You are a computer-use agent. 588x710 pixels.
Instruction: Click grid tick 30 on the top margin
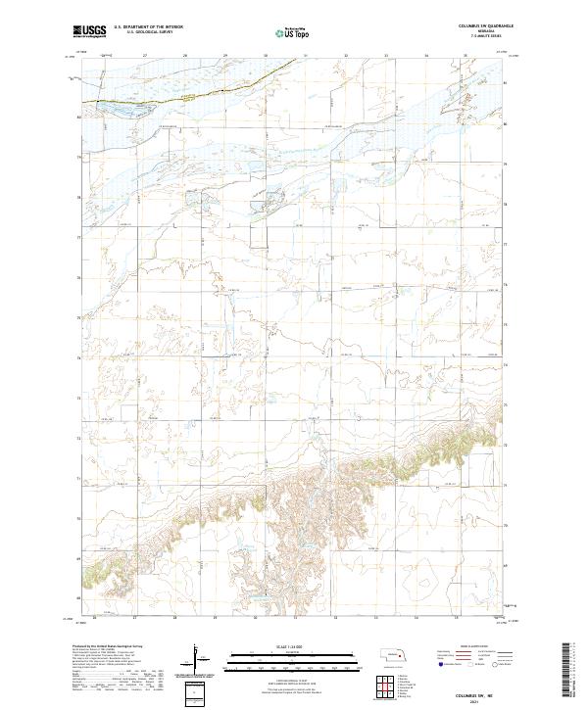(266, 57)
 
